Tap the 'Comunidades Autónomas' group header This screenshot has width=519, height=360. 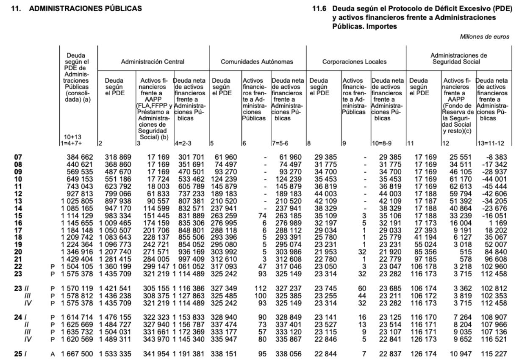click(257, 62)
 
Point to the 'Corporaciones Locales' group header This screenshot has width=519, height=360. click(355, 62)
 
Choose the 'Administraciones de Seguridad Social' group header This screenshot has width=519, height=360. click(458, 58)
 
